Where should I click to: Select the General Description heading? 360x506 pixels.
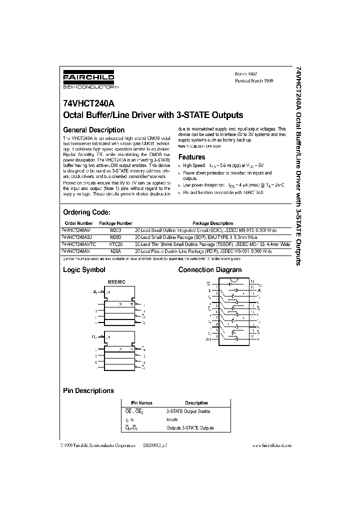click(93, 130)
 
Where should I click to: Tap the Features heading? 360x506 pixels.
click(192, 157)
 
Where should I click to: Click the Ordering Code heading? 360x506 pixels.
click(90, 212)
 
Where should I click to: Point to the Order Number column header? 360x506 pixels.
click(78, 223)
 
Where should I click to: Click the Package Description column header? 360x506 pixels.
click(212, 223)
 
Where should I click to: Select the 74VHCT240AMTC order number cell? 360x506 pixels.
click(79, 244)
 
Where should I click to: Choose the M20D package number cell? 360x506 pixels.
click(115, 237)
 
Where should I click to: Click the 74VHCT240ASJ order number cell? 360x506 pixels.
click(77, 237)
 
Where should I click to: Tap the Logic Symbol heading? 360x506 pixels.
click(84, 270)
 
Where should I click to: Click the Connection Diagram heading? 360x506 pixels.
click(210, 270)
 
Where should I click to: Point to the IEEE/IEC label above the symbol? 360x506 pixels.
click(116, 282)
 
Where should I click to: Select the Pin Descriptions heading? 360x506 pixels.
click(88, 390)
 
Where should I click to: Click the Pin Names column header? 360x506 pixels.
click(141, 403)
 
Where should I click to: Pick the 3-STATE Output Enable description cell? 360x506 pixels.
click(188, 411)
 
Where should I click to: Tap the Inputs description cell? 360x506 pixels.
click(172, 420)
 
